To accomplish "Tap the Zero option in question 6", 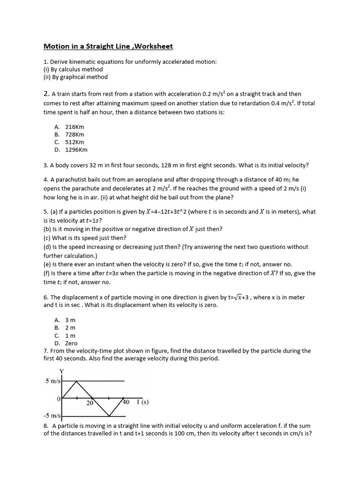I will pos(71,343).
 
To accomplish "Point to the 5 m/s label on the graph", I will pos(53,381).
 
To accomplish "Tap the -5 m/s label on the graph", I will pos(52,416).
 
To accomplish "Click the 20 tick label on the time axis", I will pos(90,403).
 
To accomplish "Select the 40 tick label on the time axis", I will pos(126,402).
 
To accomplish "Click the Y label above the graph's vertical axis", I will pos(61,372).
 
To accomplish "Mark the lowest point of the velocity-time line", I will pos(109,416).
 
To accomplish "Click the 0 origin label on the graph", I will pos(59,398).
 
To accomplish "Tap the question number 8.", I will pos(45,426).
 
